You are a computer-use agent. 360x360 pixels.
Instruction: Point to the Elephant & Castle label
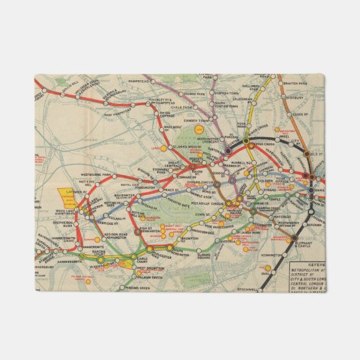304,241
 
